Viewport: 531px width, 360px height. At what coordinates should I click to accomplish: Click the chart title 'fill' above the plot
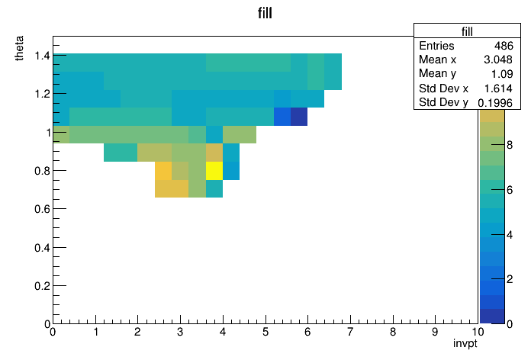point(265,13)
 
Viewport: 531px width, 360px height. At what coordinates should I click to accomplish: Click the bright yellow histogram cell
point(214,171)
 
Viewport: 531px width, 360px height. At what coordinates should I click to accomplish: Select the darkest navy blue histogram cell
point(299,117)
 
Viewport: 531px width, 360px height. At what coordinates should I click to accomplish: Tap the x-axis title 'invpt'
point(465,344)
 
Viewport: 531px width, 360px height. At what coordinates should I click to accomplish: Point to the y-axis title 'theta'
point(19,48)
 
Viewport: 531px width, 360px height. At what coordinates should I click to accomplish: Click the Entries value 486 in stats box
point(504,46)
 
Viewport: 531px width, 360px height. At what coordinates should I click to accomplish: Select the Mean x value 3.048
point(497,59)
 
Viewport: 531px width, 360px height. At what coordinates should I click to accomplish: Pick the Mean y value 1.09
point(502,74)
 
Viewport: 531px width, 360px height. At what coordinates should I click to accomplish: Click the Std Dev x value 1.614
point(498,88)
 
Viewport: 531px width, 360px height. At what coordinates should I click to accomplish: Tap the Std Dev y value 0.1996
point(495,103)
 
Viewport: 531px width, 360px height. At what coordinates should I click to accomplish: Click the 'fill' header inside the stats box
point(467,31)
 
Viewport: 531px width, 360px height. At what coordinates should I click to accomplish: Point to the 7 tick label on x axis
point(350,332)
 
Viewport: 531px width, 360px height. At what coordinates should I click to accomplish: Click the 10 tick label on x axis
point(478,332)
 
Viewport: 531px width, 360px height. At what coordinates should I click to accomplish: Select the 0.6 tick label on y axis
point(42,209)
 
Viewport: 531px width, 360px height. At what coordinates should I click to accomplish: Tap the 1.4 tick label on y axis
point(42,56)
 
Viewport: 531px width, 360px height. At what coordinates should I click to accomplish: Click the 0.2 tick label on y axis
point(42,286)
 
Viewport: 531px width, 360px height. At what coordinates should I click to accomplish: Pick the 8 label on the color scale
point(510,145)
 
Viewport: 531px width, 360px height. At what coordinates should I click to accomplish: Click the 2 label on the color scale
point(510,279)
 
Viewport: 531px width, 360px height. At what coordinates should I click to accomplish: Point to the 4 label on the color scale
point(510,234)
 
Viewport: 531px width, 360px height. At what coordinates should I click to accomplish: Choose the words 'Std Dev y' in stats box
point(443,102)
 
